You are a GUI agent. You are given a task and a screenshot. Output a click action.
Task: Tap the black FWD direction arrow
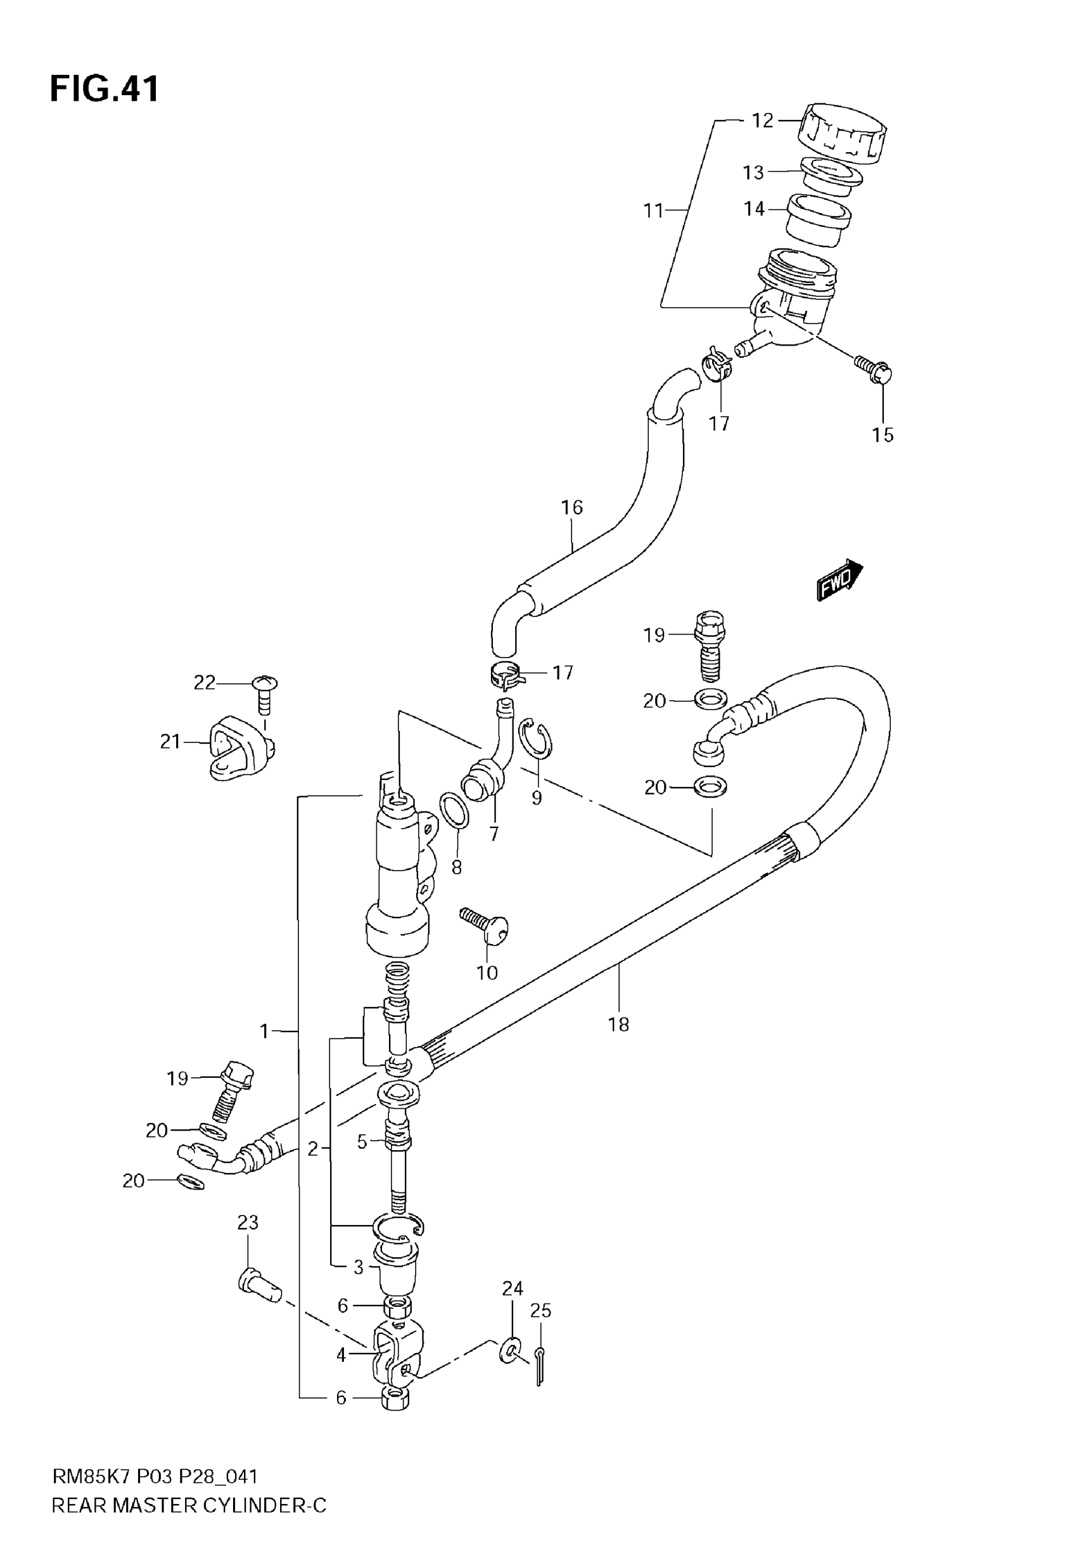click(839, 580)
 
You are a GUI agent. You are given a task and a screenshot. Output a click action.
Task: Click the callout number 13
click(753, 173)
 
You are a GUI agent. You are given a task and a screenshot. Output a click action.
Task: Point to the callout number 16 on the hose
click(571, 507)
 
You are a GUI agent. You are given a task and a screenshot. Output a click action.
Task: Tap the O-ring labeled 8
click(455, 810)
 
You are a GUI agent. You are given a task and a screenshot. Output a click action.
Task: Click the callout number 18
click(618, 1024)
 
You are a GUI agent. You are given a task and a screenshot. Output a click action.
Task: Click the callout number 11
click(653, 211)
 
